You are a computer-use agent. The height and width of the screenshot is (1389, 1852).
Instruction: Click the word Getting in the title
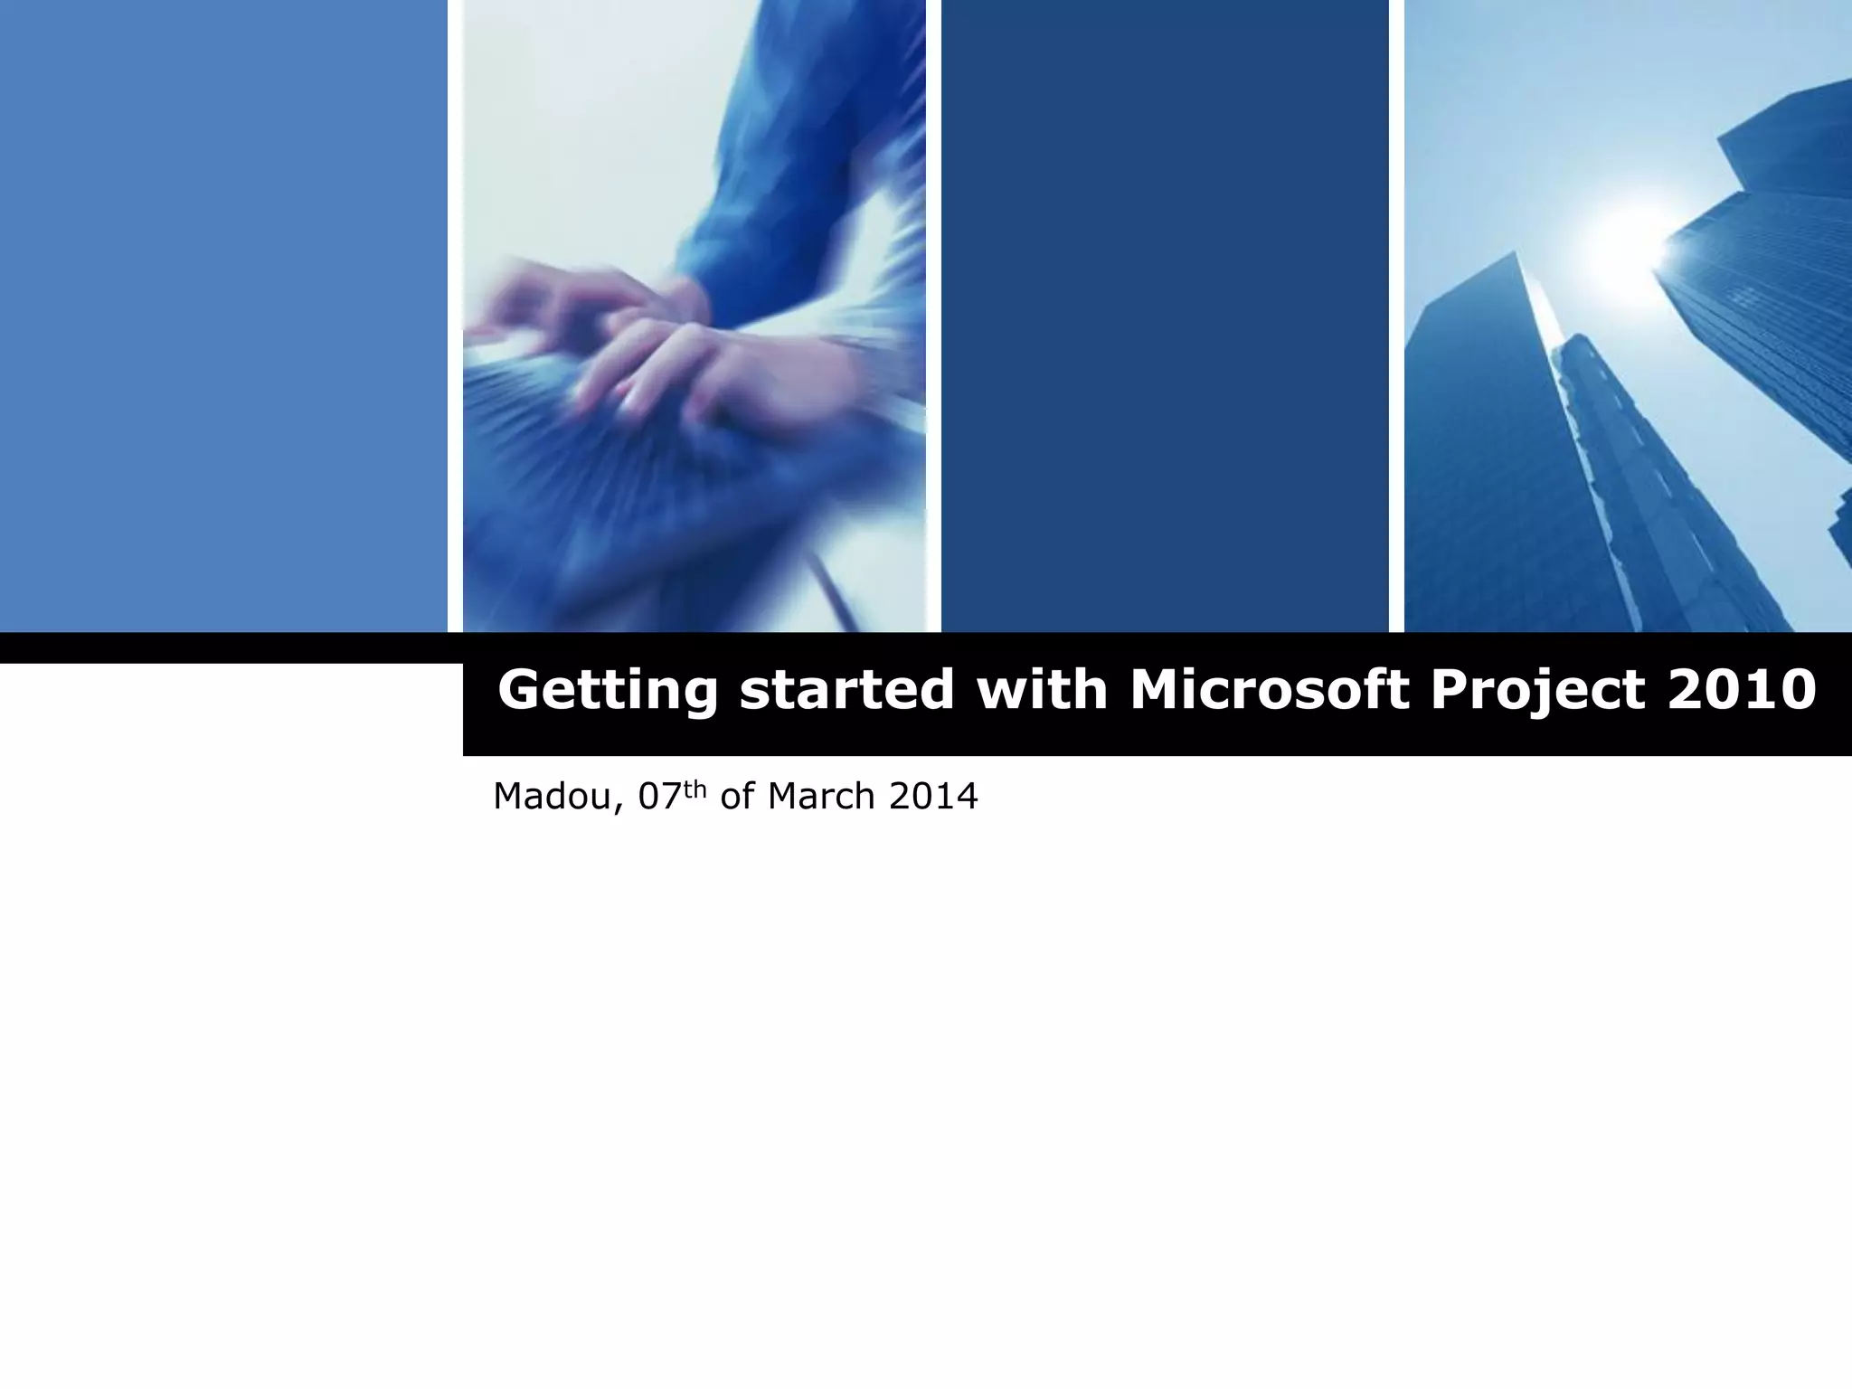(x=607, y=691)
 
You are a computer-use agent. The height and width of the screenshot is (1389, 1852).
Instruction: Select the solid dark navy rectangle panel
(x=1165, y=317)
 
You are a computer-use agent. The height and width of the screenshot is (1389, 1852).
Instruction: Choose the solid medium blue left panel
(x=222, y=317)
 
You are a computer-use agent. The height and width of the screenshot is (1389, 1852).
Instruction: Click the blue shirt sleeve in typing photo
(x=769, y=181)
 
